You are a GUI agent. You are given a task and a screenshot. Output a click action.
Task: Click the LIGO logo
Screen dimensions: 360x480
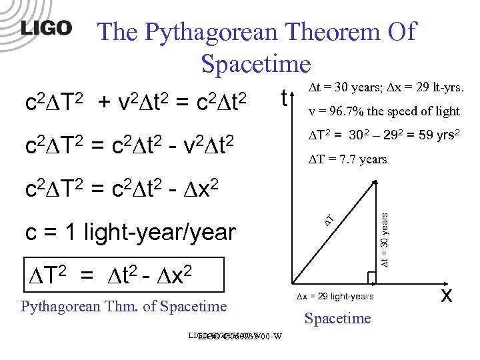46,29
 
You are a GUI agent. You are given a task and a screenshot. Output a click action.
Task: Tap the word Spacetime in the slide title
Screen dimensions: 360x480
255,65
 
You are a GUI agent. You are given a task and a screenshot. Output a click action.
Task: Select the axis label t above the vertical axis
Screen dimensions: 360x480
284,99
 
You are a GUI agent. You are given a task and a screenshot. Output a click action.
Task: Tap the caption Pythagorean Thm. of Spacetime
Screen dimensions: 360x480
124,307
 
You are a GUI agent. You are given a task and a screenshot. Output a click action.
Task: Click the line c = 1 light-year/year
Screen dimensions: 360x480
131,233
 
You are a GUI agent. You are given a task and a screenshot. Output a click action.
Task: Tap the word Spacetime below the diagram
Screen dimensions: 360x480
337,318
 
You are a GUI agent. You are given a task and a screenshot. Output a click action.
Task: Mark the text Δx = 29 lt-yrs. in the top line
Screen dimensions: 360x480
423,88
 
